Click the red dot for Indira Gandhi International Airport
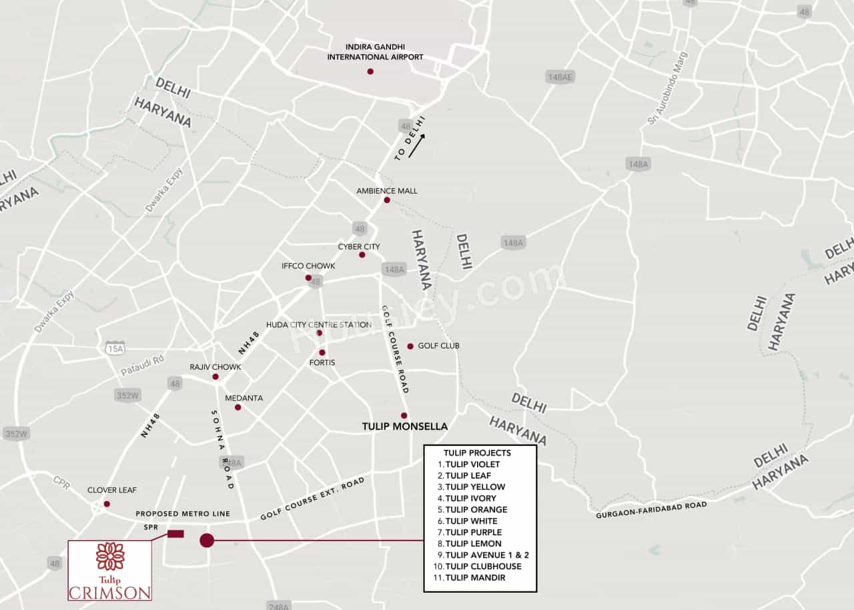(x=370, y=71)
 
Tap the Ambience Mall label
(x=387, y=191)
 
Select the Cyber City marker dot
(x=362, y=255)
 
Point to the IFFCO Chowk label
(x=308, y=266)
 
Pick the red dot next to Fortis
(x=322, y=352)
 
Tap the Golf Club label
(x=438, y=346)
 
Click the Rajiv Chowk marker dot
(x=216, y=377)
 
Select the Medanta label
(x=244, y=398)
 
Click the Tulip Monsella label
(x=404, y=426)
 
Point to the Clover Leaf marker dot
(x=107, y=504)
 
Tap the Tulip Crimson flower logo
(x=110, y=556)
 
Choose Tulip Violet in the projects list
(x=472, y=465)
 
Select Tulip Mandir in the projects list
(x=475, y=578)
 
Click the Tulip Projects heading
(x=478, y=453)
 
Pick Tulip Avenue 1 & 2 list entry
(x=487, y=555)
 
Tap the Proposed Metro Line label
(x=183, y=514)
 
